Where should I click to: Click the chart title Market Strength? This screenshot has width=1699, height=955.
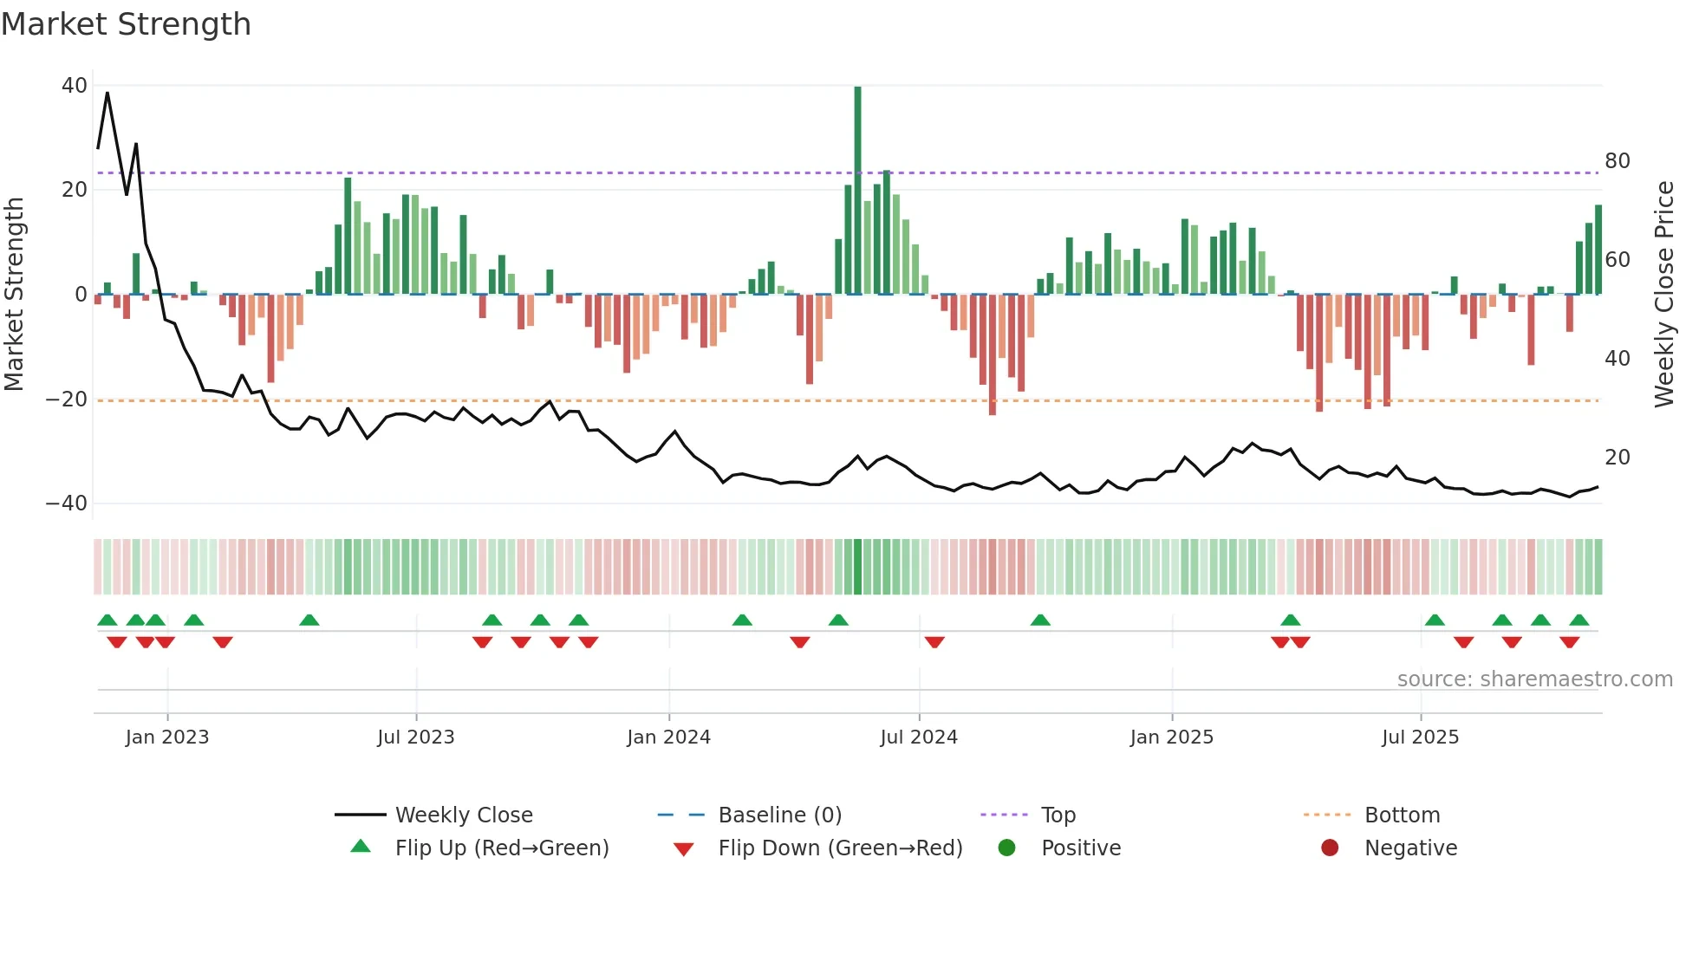pyautogui.click(x=126, y=24)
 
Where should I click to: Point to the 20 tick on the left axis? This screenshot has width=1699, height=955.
pyautogui.click(x=75, y=190)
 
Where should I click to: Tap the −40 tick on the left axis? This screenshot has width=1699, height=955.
pyautogui.click(x=67, y=503)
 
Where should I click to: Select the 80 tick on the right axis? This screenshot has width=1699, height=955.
pyautogui.click(x=1617, y=161)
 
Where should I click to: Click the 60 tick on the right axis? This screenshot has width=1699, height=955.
pyautogui.click(x=1617, y=260)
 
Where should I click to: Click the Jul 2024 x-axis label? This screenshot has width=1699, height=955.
pyautogui.click(x=918, y=737)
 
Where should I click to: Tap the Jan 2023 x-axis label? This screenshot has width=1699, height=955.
pyautogui.click(x=166, y=737)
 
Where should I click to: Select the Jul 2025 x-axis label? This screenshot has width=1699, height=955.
pyautogui.click(x=1420, y=737)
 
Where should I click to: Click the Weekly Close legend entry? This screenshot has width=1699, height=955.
pyautogui.click(x=463, y=815)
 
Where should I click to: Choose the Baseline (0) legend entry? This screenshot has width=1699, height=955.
pyautogui.click(x=779, y=815)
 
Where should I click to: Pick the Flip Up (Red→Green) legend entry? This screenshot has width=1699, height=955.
pyautogui.click(x=501, y=848)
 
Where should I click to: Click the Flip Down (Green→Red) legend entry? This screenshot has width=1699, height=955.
pyautogui.click(x=839, y=848)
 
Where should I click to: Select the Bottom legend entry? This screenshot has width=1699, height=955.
pyautogui.click(x=1401, y=815)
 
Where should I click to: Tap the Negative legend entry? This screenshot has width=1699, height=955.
pyautogui.click(x=1409, y=848)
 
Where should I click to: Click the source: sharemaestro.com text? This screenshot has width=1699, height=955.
pyautogui.click(x=1534, y=679)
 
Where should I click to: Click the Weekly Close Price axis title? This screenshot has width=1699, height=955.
pyautogui.click(x=1663, y=295)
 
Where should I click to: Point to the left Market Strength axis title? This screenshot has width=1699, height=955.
pyautogui.click(x=14, y=295)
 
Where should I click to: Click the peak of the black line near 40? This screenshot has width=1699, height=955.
pyautogui.click(x=107, y=93)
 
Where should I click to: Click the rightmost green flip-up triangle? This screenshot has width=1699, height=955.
pyautogui.click(x=1579, y=620)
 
